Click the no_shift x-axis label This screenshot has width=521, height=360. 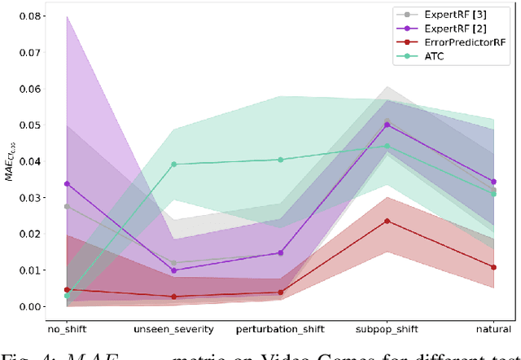pos(68,328)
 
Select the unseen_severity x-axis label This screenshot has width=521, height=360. pos(173,328)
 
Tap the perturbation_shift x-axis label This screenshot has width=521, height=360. pos(281,328)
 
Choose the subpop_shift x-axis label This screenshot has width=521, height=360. pos(387,328)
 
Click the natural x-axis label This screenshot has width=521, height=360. pos(493,328)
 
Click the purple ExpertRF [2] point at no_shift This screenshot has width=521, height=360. pos(67,184)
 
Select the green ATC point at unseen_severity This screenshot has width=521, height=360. pos(173,165)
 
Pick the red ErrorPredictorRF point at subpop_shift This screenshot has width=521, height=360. pos(387,221)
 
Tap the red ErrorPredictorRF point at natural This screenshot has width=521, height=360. pos(493,267)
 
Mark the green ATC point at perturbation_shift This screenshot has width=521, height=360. pos(281,160)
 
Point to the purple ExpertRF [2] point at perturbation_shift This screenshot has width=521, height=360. pos(281,253)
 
